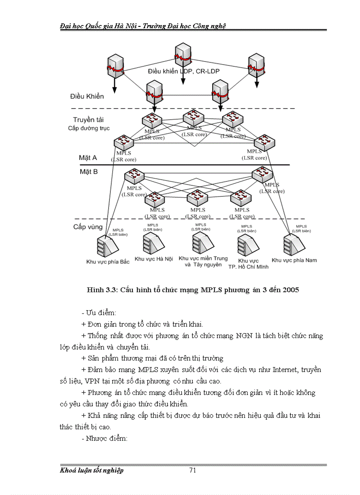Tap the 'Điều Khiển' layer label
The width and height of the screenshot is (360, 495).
[x=87, y=97]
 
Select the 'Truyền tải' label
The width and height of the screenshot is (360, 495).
[x=89, y=120]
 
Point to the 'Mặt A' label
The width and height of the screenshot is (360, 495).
[x=88, y=157]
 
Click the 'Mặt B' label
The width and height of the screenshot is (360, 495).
[x=88, y=171]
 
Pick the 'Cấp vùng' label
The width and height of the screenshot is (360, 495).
[x=88, y=227]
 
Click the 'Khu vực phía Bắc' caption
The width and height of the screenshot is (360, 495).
[x=108, y=261]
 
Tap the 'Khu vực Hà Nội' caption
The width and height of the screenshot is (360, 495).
[x=154, y=259]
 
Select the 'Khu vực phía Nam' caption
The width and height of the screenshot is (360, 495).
[x=294, y=260]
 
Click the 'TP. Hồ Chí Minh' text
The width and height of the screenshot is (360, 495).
[x=248, y=267]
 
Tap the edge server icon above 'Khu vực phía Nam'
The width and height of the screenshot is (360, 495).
[x=294, y=243]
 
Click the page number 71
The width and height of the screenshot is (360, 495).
[x=192, y=470]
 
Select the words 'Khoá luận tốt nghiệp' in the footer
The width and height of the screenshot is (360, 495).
[x=92, y=470]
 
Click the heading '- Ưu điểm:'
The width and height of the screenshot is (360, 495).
[x=98, y=313]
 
